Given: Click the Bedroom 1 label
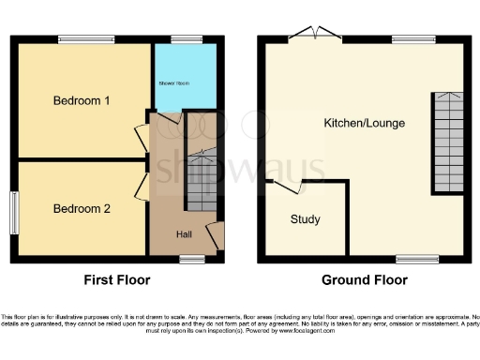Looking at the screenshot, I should click(82, 101).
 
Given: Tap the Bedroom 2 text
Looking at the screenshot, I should click(82, 208).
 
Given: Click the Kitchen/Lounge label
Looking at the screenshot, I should click(364, 124).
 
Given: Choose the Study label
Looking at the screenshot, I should click(305, 219).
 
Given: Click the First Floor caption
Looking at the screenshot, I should click(116, 279).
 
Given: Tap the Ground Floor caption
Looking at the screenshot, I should click(364, 279).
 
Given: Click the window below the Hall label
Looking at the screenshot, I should click(192, 256).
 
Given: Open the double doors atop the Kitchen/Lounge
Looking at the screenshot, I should click(313, 36).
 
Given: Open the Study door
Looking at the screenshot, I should click(287, 187).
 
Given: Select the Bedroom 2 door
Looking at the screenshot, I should click(142, 185).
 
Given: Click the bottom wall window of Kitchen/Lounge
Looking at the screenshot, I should click(412, 256).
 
